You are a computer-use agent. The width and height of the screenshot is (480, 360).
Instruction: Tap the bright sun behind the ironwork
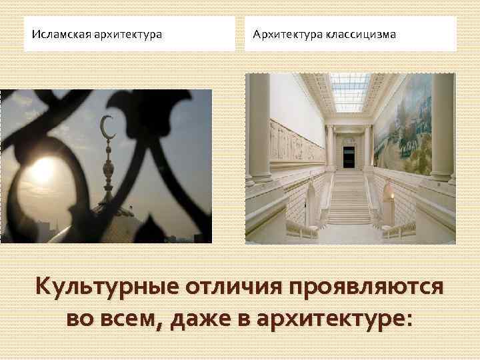[41, 171]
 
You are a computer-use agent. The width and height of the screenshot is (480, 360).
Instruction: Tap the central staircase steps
[349, 200]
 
